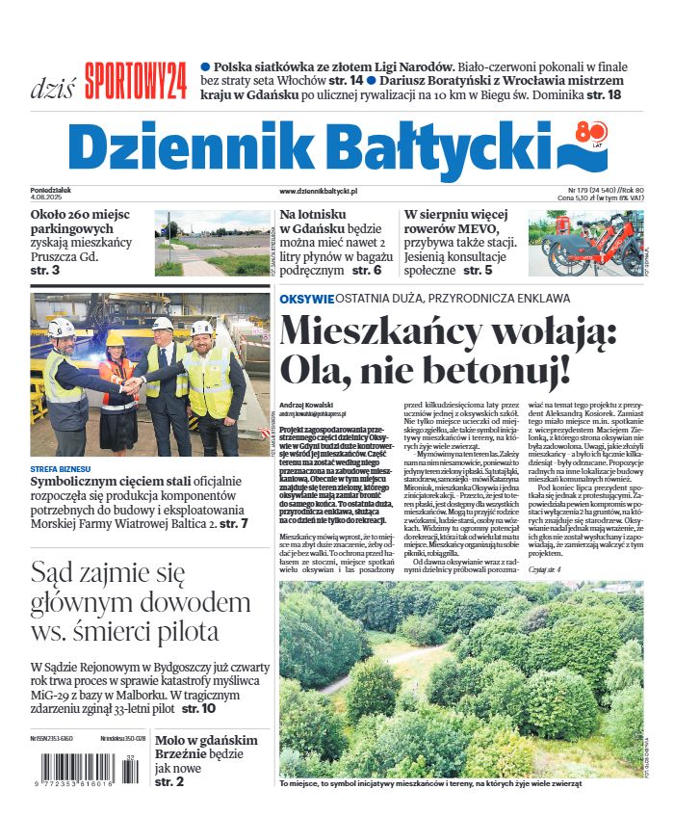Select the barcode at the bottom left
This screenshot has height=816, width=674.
[x=85, y=772]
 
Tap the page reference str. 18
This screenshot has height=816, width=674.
[x=604, y=95]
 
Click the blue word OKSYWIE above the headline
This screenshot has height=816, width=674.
[x=307, y=300]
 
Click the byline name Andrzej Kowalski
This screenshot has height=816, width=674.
[x=306, y=403]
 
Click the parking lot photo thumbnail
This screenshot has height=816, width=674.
[x=214, y=243]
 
